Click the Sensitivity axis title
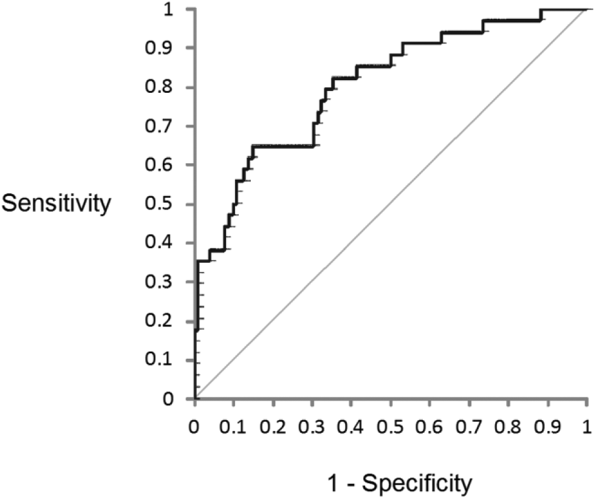57,204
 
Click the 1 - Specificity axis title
400,483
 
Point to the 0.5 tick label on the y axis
159,204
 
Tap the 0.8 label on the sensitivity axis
159,87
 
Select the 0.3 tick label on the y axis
159,282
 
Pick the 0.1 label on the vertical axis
159,359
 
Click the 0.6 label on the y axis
159,165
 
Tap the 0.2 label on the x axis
273,427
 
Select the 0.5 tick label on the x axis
391,427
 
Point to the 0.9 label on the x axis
547,427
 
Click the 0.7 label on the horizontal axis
469,427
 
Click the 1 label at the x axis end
587,427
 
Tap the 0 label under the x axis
194,427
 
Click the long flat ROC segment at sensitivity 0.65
283,146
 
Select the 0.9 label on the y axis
159,48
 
